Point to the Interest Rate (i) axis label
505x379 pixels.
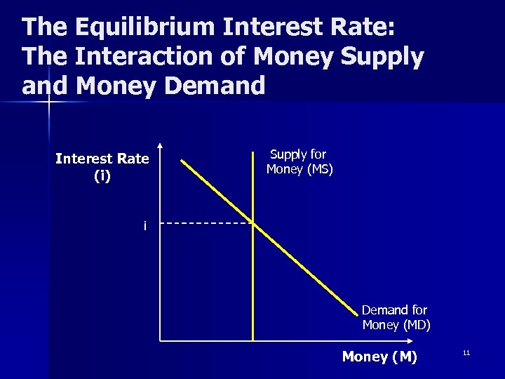click(102, 167)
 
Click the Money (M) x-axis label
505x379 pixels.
click(379, 357)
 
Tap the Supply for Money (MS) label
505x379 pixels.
click(299, 161)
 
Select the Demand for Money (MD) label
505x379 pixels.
click(396, 317)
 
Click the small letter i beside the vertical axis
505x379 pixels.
click(145, 226)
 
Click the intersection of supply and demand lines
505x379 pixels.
click(252, 224)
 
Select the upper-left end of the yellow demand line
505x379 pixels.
click(182, 161)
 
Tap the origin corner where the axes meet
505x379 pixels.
click(161, 340)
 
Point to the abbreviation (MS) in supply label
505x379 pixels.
click(318, 169)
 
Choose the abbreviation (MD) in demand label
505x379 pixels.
click(416, 325)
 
